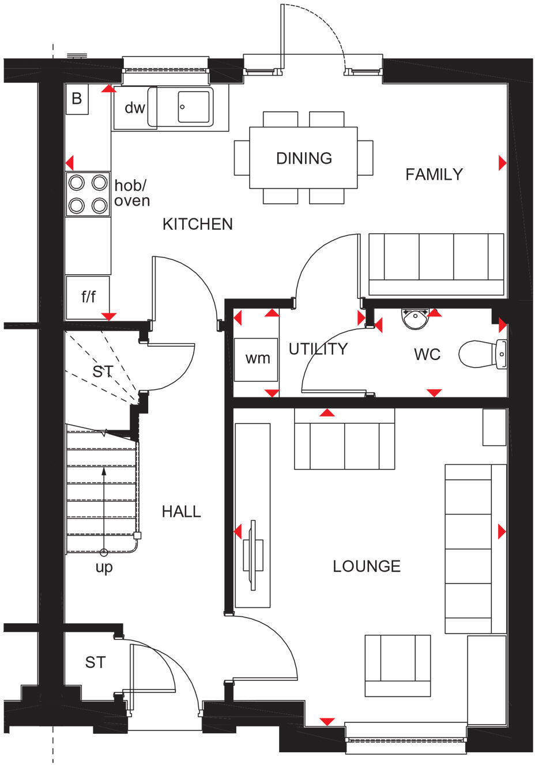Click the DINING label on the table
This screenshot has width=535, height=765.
304,158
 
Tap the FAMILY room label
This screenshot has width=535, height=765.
434,174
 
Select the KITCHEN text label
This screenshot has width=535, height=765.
197,224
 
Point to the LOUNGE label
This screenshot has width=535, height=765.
367,566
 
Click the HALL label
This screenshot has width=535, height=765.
181,512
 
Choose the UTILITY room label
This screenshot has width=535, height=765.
318,349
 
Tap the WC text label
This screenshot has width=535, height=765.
427,354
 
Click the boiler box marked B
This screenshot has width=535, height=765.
77,99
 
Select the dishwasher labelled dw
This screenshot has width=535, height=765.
134,108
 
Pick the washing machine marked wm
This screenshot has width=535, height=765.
257,359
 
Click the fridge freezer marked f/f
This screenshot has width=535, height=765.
88,297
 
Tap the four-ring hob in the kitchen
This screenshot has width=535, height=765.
88,194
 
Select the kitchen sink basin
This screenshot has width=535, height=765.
193,107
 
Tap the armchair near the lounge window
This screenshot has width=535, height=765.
398,665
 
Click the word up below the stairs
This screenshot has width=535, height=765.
104,567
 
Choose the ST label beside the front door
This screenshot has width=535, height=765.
95,662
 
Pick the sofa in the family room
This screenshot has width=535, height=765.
436,264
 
